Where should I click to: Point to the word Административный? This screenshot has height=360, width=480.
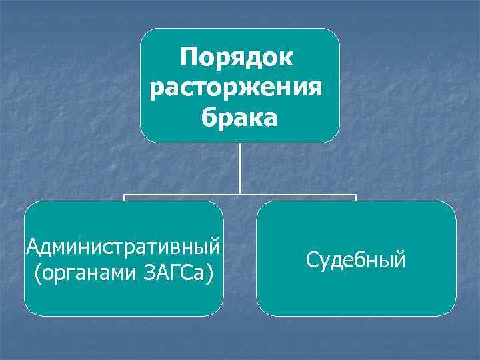(123, 247)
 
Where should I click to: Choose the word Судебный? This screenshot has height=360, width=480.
(356, 259)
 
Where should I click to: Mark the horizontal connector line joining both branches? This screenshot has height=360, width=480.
(300, 196)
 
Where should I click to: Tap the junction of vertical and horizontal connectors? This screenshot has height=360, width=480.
(240, 196)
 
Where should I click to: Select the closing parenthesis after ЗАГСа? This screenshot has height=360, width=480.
(210, 273)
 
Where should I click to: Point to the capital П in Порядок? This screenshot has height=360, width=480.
(189, 57)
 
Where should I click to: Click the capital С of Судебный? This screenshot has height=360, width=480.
(312, 259)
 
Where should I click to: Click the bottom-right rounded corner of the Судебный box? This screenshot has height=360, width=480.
(451, 311)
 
